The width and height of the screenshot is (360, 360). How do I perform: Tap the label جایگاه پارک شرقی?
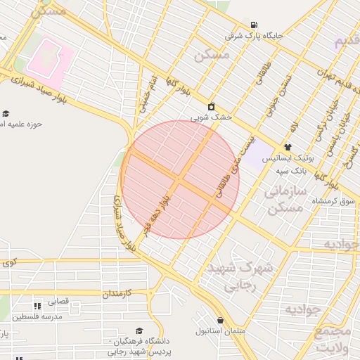pyautogui.click(x=254, y=34)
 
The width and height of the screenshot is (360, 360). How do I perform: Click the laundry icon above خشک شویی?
pyautogui.click(x=212, y=106)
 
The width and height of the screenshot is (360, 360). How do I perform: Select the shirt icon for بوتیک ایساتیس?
pyautogui.click(x=288, y=147)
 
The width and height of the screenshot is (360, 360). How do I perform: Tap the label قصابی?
pyautogui.click(x=58, y=301)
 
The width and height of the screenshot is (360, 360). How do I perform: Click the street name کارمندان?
pyautogui.click(x=124, y=292)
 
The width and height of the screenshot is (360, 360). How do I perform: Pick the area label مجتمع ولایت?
pyautogui.click(x=333, y=338)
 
